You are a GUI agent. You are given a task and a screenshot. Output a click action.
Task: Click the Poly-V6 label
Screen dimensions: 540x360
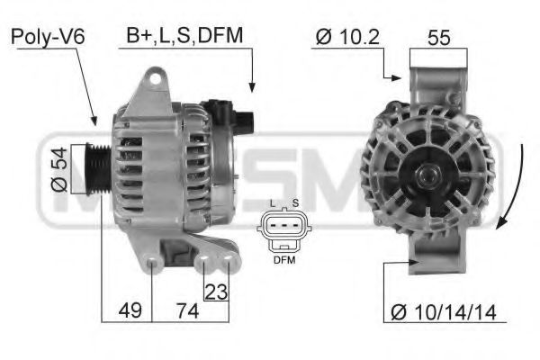tap(48, 36)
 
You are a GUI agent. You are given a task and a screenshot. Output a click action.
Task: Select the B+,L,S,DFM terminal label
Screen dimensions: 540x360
tap(184, 35)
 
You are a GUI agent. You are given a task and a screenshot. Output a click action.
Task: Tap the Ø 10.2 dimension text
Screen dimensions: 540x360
tap(347, 36)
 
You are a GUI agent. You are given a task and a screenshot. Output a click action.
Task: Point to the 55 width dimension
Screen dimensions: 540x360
tap(439, 38)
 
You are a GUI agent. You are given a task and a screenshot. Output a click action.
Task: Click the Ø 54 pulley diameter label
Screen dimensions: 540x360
tap(59, 169)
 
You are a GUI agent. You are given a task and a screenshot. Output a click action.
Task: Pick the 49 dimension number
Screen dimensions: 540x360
tap(130, 310)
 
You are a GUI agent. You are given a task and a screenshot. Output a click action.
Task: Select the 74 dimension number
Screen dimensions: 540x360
tap(188, 310)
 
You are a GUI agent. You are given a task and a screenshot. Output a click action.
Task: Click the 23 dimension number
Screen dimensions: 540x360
tap(216, 292)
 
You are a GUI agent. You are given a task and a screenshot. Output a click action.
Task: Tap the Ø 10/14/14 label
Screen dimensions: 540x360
tap(444, 312)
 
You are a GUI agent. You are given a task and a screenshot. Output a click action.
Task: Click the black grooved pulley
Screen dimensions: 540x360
tap(98, 169)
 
